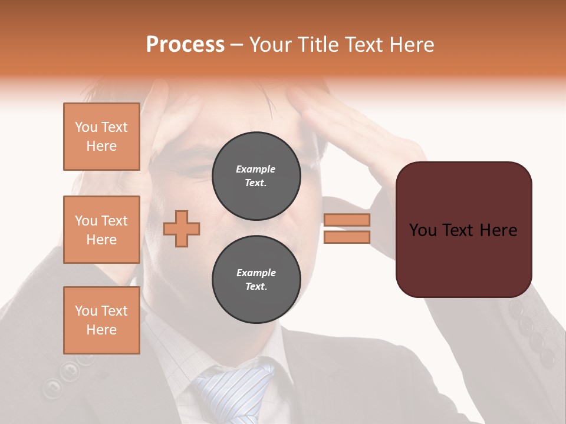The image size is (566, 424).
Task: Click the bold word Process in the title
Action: tap(185, 45)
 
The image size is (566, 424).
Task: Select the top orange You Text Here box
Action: tap(101, 137)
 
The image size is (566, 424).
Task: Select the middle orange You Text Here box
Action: tap(101, 230)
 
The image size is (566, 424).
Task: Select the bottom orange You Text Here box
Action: tap(101, 320)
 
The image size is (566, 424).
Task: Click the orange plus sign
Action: tap(182, 228)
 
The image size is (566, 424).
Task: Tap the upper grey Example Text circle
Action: tap(256, 176)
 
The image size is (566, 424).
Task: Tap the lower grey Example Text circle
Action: tap(256, 280)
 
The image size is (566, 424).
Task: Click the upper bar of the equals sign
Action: tap(347, 220)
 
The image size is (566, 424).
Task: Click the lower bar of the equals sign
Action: tap(347, 237)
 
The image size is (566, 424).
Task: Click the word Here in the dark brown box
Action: tap(498, 230)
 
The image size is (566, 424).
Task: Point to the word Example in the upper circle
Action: tap(256, 170)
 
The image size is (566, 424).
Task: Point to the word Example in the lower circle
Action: tap(256, 273)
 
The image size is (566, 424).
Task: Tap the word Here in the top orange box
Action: tap(101, 146)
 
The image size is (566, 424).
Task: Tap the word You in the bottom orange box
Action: tap(85, 311)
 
